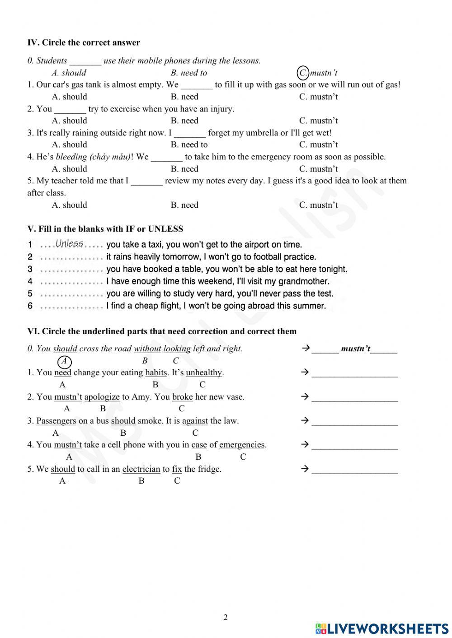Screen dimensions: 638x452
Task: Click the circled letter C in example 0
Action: pos(303,73)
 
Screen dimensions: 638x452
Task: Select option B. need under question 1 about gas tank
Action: pos(184,97)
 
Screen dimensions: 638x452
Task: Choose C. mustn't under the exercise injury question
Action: pos(318,121)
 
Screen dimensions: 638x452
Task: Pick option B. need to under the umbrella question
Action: pos(189,144)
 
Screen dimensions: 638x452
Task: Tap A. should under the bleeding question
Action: pos(69,169)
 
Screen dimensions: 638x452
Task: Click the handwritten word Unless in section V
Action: pos(69,244)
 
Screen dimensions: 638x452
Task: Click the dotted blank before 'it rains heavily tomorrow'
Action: pos(71,257)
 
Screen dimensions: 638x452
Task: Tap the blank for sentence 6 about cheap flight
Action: pos(71,306)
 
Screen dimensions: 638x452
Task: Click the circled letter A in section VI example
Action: pos(65,361)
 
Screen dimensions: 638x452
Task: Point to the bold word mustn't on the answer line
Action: pos(356,349)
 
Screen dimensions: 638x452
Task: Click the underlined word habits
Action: pos(156,373)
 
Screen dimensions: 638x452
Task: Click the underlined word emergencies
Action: pos(242,445)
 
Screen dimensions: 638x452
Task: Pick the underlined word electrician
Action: pos(141,469)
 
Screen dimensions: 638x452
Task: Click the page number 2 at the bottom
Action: pos(226,617)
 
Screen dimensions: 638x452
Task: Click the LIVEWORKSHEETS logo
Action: pos(381,629)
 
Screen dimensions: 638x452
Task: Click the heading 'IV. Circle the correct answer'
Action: pos(84,43)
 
